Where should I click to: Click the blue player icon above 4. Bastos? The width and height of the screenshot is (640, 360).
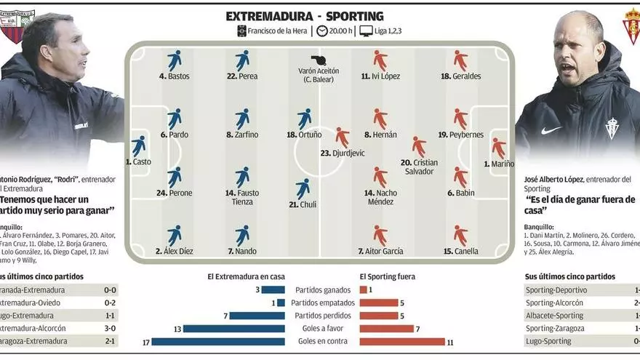click(175, 60)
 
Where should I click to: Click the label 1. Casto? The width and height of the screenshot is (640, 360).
click(138, 161)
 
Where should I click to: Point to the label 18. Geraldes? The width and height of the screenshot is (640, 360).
click(460, 76)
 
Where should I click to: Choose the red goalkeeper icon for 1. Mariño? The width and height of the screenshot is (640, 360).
click(498, 148)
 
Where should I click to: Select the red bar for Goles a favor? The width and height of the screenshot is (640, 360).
click(386, 329)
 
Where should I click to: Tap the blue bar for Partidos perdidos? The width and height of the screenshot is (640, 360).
click(257, 316)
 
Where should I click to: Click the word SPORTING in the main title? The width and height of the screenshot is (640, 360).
click(354, 16)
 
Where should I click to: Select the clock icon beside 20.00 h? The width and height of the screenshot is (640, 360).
click(322, 31)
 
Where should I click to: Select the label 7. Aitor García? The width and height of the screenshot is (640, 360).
click(380, 251)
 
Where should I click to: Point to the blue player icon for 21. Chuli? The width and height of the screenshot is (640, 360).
click(303, 188)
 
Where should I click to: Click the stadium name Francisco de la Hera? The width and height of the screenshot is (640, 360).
click(278, 31)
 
